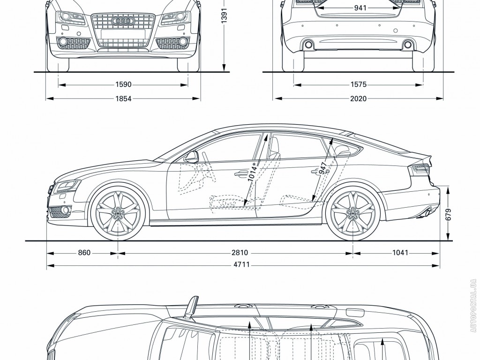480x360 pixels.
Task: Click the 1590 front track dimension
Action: pyautogui.click(x=123, y=85)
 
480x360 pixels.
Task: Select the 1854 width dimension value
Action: pyautogui.click(x=123, y=98)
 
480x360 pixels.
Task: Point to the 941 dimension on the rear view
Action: pyautogui.click(x=360, y=8)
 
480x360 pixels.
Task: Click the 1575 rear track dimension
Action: pyautogui.click(x=358, y=85)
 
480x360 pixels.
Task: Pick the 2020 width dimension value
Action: pyautogui.click(x=358, y=98)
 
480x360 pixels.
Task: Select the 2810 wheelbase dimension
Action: pyautogui.click(x=239, y=253)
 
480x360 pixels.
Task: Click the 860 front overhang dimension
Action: pyautogui.click(x=83, y=253)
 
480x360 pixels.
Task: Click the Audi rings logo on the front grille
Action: pyautogui.click(x=123, y=21)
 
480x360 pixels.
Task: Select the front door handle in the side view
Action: pyautogui.click(x=242, y=173)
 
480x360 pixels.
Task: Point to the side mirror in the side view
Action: pyautogui.click(x=192, y=157)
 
